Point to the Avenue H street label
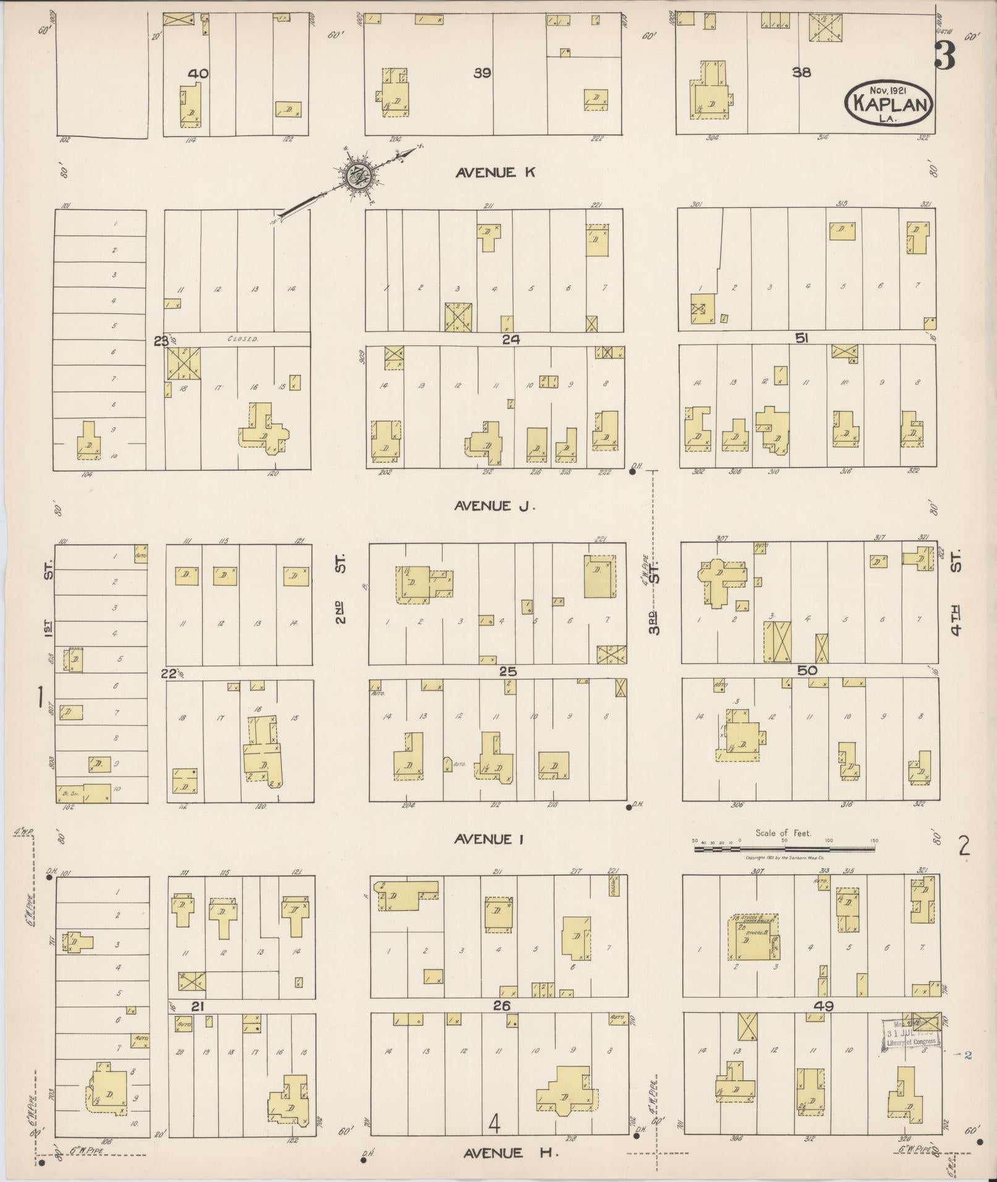click(x=502, y=1152)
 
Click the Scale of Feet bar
click(x=784, y=849)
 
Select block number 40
click(x=198, y=74)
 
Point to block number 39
click(x=482, y=73)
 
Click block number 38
click(x=801, y=72)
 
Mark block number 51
click(x=802, y=338)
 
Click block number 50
click(x=807, y=670)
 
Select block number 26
click(x=501, y=1006)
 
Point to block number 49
click(x=823, y=1006)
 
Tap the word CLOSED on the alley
click(x=242, y=339)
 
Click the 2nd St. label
click(x=341, y=590)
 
